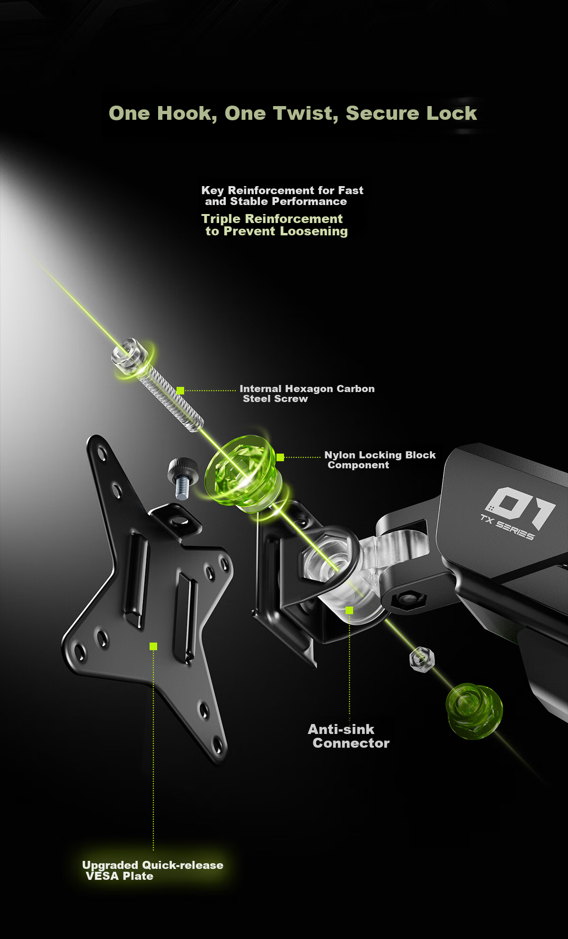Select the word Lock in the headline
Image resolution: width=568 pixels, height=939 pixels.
pos(452,113)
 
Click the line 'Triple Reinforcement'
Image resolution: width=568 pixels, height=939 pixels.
pos(272,219)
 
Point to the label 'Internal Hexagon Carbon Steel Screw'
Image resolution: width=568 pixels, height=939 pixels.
pos(307,393)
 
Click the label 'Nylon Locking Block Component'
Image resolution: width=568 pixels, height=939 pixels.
pos(380,460)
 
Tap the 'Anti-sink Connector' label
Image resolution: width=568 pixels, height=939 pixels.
pos(349,736)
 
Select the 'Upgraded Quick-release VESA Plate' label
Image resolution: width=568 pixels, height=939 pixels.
pos(152,870)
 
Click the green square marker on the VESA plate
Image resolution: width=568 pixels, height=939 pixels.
pos(153,646)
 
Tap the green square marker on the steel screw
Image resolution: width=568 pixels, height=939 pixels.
pos(180,391)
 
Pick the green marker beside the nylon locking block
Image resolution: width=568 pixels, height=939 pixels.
pos(280,457)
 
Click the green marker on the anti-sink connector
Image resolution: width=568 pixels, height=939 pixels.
pos(349,610)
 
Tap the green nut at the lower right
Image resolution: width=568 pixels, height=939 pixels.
pos(474,711)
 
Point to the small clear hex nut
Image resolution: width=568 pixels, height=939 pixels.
pos(422,659)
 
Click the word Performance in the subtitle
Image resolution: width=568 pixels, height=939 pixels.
pos(312,202)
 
